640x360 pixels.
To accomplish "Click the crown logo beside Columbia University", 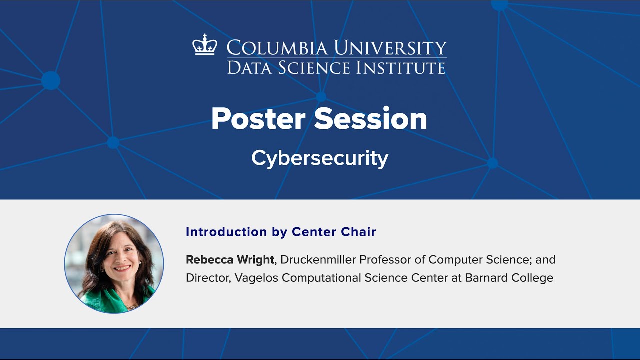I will [205, 45].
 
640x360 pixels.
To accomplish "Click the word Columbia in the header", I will [277, 48].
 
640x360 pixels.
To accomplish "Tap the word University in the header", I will [390, 48].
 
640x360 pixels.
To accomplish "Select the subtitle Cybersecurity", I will [320, 158].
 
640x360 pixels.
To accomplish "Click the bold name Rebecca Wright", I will [230, 260].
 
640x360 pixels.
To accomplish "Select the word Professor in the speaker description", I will [384, 260].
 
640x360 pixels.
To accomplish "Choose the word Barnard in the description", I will [488, 278].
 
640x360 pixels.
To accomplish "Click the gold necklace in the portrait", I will [131, 304].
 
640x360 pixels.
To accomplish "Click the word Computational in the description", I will [330, 278].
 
